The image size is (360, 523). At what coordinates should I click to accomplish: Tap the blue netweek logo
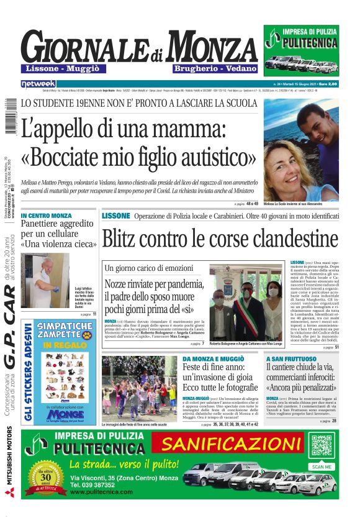38,83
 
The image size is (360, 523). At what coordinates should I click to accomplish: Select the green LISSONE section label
116,216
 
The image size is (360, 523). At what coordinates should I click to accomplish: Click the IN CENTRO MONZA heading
46,216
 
